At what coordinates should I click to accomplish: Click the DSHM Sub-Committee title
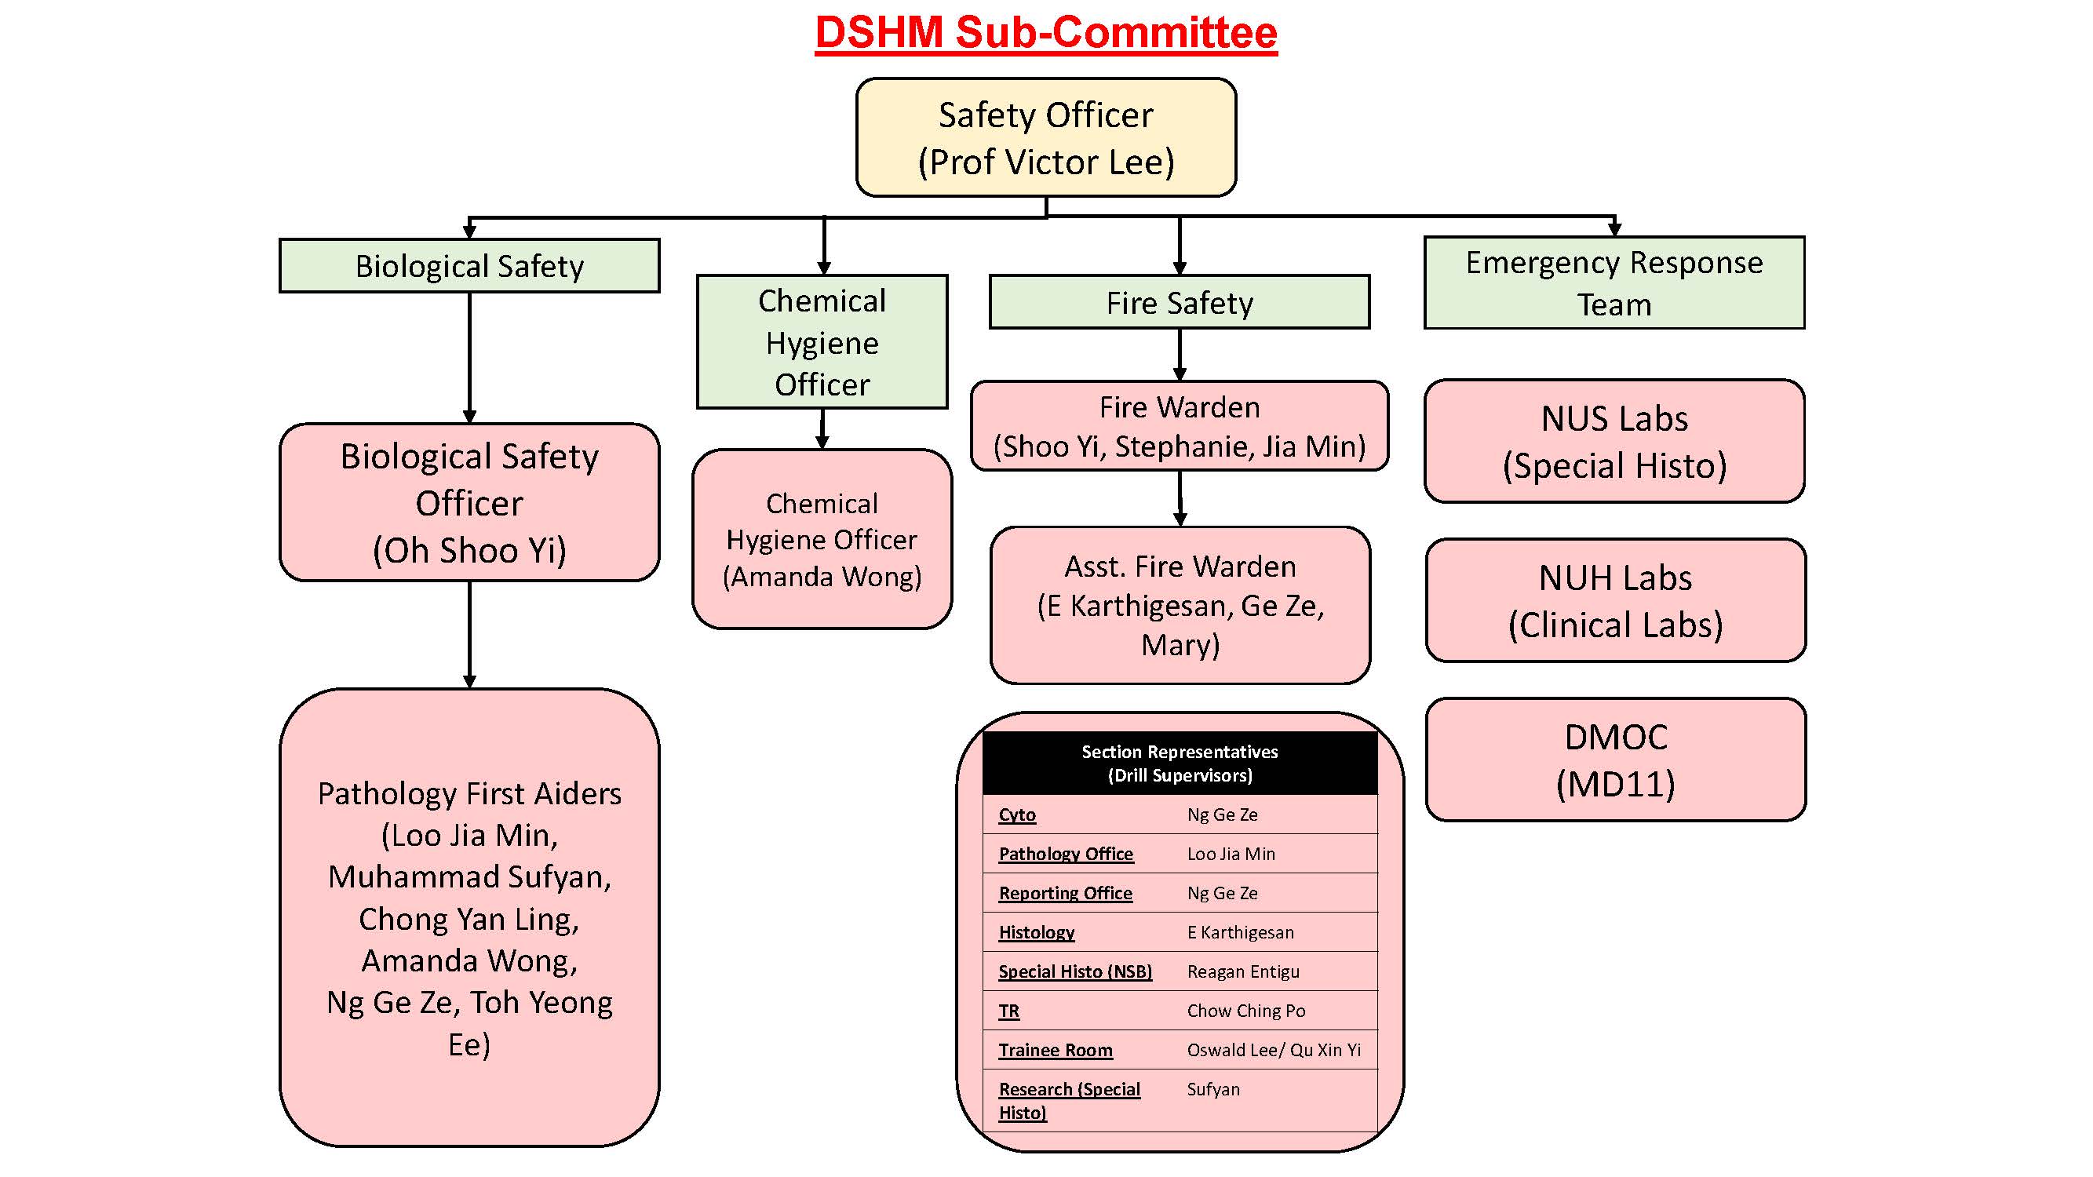(1045, 32)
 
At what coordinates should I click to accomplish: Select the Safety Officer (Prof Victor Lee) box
(1045, 137)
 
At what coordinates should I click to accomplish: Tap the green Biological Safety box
(469, 266)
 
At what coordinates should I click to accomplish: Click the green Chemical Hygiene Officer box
(822, 342)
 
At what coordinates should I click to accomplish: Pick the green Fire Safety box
(1179, 303)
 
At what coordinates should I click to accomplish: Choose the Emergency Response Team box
(1614, 282)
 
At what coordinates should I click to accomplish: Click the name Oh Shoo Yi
(469, 550)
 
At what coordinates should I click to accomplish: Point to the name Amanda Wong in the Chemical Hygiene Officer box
(822, 577)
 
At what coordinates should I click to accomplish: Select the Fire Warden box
(1179, 425)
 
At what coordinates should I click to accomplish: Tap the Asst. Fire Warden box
(1180, 605)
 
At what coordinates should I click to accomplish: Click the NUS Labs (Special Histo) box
(1614, 441)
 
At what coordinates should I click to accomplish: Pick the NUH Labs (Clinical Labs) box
(1615, 600)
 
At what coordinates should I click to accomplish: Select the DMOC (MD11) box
(1615, 760)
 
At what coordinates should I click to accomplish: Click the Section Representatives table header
(1179, 763)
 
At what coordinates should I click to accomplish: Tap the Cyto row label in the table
(1016, 814)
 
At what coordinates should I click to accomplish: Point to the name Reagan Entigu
(1242, 971)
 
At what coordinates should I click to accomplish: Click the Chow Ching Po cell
(1245, 1011)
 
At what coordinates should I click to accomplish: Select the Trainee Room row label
(1055, 1051)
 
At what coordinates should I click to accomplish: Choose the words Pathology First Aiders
(469, 793)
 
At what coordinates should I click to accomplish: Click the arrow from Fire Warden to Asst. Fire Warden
(1180, 498)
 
